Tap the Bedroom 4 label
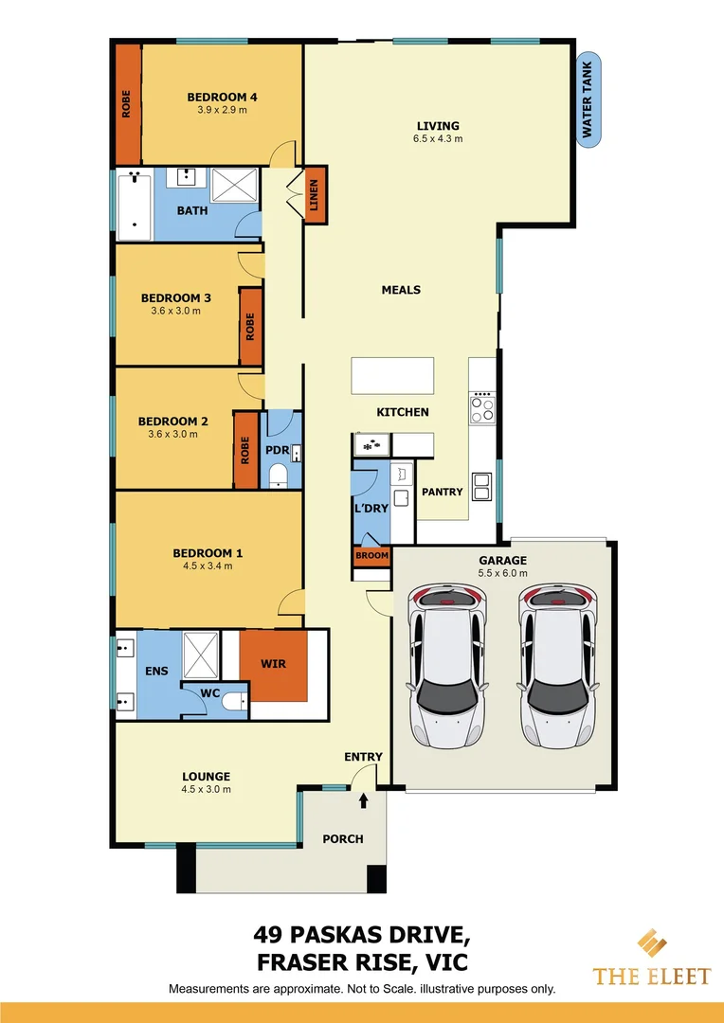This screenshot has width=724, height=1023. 222,97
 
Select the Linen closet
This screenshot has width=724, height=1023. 315,194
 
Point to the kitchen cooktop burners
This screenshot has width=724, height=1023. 482,406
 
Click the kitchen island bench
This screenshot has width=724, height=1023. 392,375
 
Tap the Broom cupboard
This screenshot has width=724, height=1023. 371,557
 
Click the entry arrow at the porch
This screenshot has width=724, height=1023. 364,801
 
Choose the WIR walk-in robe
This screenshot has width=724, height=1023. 273,665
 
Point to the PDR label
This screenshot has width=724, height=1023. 276,449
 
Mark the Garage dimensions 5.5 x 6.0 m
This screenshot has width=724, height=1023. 502,573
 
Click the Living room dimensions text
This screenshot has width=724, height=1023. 437,139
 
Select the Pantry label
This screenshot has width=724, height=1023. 442,492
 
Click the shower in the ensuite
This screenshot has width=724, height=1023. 201,653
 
